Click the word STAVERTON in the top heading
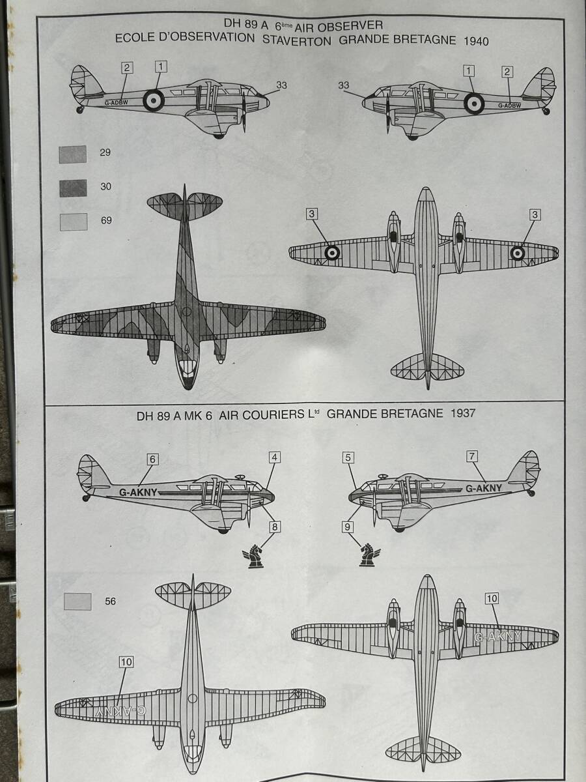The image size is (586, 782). [296, 40]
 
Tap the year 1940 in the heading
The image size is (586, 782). [476, 41]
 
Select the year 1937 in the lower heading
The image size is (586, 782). [462, 413]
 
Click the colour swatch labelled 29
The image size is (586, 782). [72, 154]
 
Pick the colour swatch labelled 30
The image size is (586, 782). [73, 188]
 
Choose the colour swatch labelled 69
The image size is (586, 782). [74, 222]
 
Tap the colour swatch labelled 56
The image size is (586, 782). [77, 601]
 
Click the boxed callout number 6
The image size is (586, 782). [152, 459]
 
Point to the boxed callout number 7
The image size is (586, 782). [472, 456]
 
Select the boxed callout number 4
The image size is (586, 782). [274, 457]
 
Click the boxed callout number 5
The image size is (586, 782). [348, 457]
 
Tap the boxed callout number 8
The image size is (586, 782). [274, 527]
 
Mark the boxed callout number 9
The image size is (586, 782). [348, 527]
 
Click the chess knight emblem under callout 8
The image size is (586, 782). [254, 555]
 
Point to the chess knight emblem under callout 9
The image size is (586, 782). [369, 555]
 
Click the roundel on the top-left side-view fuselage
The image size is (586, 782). [154, 100]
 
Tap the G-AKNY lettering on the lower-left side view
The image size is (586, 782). [138, 493]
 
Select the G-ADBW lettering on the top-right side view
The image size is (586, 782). [509, 106]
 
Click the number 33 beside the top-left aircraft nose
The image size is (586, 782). [281, 85]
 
